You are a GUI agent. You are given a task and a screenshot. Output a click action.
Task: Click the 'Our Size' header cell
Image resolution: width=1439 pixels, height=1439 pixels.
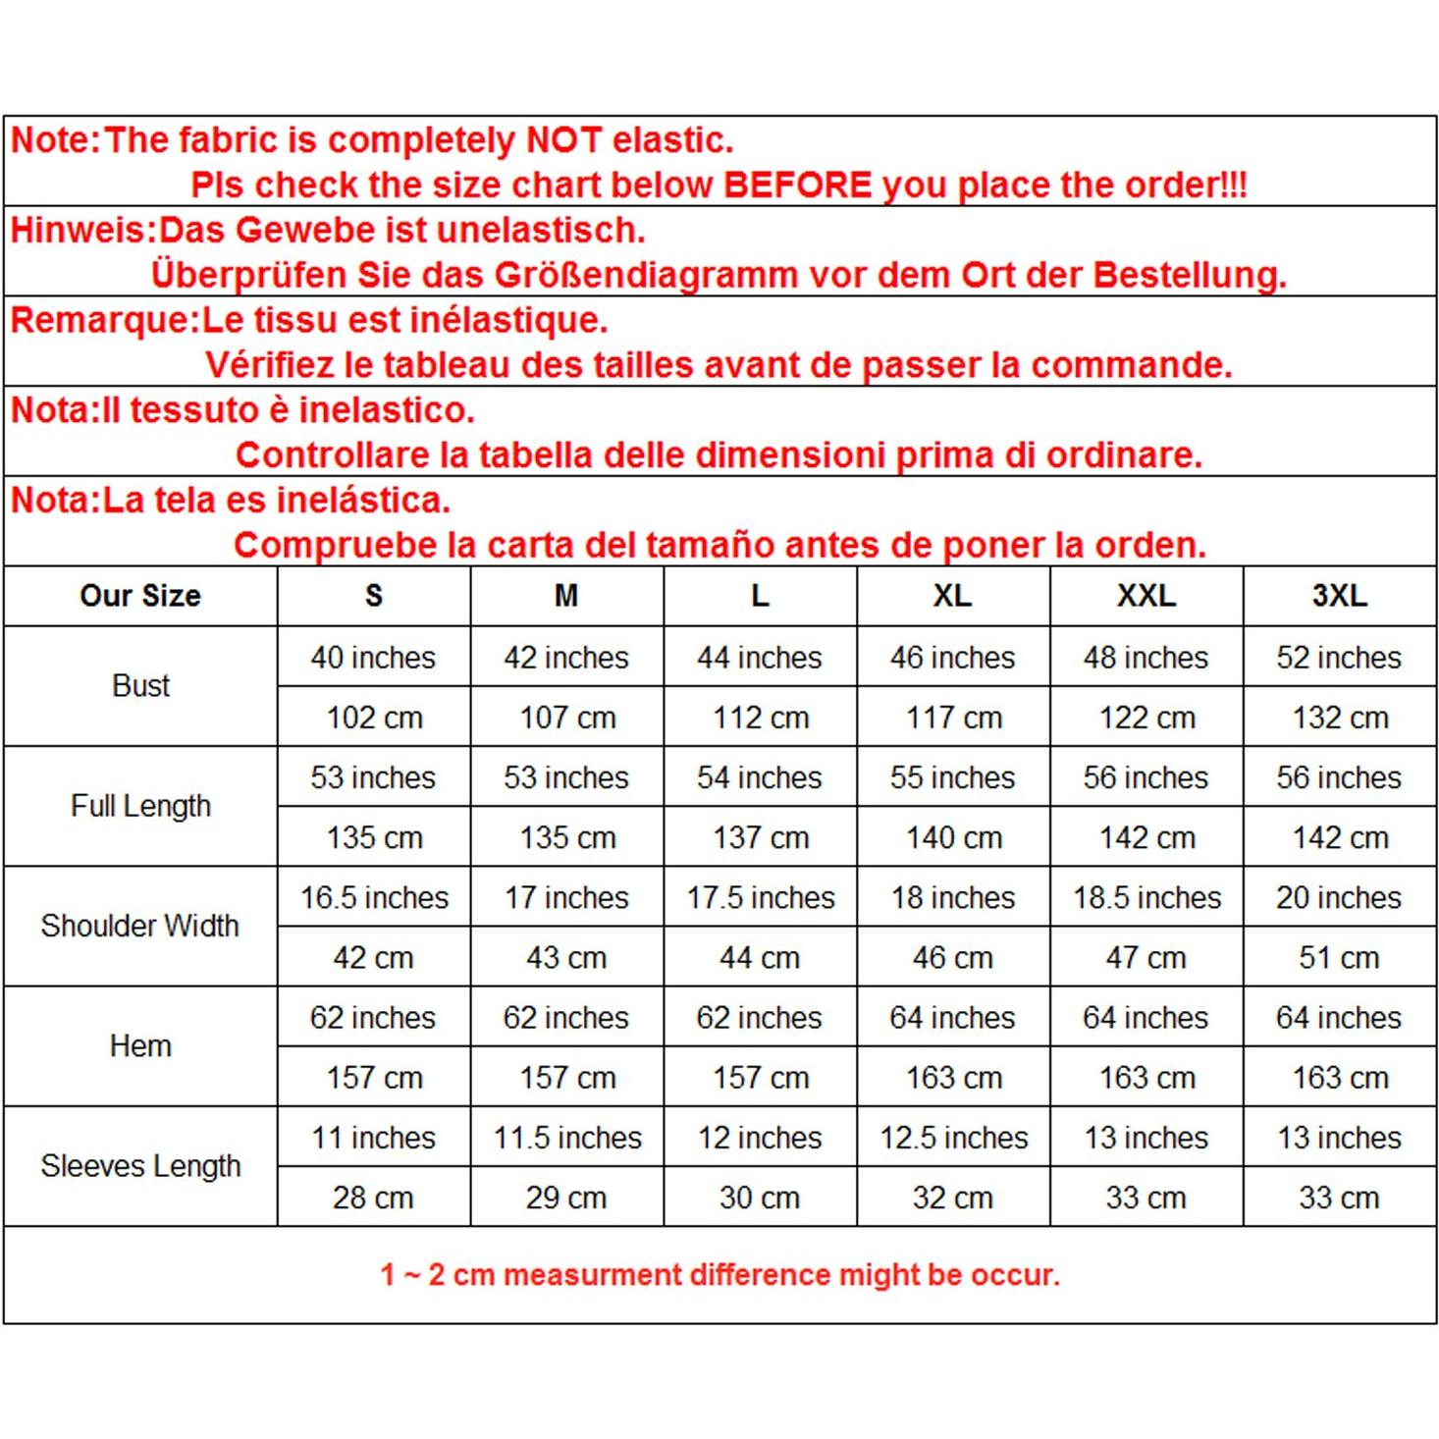click(140, 596)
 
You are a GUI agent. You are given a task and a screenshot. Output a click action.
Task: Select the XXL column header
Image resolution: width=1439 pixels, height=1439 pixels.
click(1146, 596)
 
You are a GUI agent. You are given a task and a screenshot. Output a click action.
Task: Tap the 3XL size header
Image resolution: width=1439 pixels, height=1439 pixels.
click(1339, 596)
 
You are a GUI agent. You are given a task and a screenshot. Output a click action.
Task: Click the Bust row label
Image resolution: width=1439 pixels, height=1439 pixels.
click(140, 686)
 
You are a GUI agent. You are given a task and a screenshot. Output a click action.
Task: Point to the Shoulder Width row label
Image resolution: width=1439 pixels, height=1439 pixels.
click(140, 926)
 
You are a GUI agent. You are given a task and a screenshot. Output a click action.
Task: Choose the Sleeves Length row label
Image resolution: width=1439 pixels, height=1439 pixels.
click(140, 1166)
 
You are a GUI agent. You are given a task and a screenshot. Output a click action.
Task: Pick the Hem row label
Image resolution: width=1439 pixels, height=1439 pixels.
click(140, 1046)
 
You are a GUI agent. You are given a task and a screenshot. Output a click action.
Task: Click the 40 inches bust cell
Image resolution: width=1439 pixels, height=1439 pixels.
click(373, 658)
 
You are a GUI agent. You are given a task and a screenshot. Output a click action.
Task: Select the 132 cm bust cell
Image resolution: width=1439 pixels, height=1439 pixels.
click(1340, 718)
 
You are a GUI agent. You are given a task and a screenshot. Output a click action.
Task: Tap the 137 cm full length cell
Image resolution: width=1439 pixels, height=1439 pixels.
click(761, 837)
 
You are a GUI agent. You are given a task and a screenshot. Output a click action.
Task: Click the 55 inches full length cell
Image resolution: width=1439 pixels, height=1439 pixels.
click(952, 777)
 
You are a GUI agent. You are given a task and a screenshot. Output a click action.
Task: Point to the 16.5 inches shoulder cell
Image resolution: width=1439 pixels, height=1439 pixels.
click(373, 897)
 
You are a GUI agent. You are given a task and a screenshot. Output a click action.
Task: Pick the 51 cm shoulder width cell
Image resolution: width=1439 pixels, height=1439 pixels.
click(1339, 957)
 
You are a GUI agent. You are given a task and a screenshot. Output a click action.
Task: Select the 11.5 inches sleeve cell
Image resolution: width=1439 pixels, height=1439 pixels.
click(567, 1138)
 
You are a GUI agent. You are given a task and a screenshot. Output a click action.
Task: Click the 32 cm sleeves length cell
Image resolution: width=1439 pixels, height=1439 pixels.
click(952, 1198)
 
